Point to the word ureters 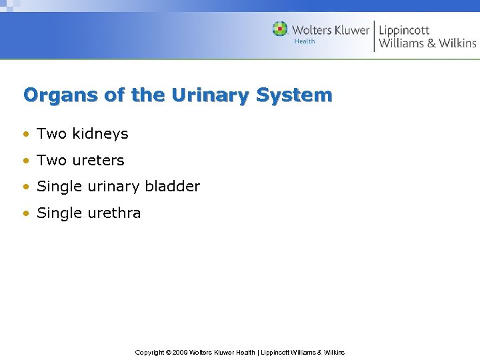tap(98, 161)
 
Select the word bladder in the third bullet tap(173, 187)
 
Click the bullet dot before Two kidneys tap(26, 134)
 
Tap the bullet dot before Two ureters tap(26, 161)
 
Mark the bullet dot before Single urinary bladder tap(26, 187)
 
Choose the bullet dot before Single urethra tap(26, 214)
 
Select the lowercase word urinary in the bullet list tap(110, 187)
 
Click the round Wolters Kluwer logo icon tap(280, 29)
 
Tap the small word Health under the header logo tap(305, 41)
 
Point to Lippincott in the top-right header tap(404, 30)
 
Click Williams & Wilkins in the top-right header tap(427, 44)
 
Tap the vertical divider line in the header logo tap(374, 36)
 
